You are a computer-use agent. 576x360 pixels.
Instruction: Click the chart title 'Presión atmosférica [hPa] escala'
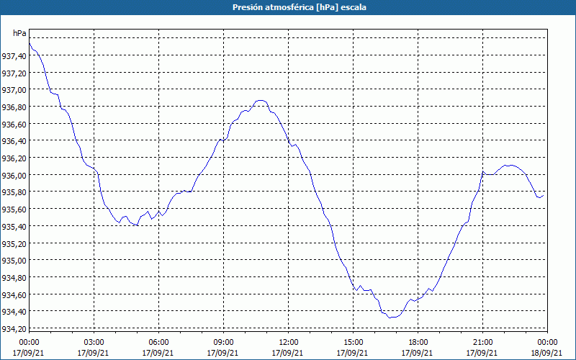tap(288, 7)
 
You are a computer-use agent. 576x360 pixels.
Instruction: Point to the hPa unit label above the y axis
tap(19, 33)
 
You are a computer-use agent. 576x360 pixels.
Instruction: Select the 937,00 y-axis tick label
tap(14, 90)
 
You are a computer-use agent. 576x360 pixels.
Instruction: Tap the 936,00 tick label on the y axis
tap(14, 175)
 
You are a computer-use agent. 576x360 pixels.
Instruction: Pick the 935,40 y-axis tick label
tap(14, 226)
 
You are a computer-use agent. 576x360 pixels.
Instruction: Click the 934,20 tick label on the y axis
tap(14, 328)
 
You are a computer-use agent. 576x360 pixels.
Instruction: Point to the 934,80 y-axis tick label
tap(14, 277)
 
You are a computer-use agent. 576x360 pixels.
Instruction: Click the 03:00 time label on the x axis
tap(94, 341)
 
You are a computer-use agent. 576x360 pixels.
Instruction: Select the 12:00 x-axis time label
tap(288, 341)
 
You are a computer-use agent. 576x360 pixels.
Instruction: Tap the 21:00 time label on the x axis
tap(482, 341)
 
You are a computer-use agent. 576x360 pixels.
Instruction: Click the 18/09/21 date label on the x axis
tap(547, 353)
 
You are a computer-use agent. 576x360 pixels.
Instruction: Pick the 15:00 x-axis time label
tap(353, 341)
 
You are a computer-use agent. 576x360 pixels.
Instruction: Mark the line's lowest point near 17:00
tap(391, 317)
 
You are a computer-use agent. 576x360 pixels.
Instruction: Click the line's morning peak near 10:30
tap(261, 101)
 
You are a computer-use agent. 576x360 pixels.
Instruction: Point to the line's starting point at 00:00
tap(29, 44)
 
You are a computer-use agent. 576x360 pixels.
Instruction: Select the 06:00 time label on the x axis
tap(158, 341)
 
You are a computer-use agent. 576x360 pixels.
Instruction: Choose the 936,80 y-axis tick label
tap(14, 107)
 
